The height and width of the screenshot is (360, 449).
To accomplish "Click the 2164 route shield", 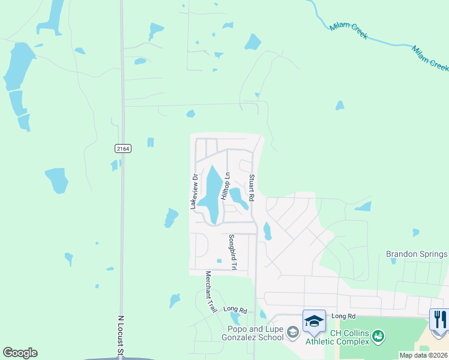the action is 122,148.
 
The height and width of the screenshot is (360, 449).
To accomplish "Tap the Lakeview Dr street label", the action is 194,191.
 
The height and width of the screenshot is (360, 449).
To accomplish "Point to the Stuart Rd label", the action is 252,188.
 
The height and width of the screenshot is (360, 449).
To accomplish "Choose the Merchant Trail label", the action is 211,292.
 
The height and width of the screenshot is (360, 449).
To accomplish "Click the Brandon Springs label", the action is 417,254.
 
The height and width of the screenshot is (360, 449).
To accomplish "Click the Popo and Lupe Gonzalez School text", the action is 255,333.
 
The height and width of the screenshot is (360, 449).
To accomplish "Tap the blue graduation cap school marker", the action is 314,322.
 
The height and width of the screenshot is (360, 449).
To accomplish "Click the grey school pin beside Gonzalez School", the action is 292,332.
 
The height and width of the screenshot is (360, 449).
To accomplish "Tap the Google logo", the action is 20,353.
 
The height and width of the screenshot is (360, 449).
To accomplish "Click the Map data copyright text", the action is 423,355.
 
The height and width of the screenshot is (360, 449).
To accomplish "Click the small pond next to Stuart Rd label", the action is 239,197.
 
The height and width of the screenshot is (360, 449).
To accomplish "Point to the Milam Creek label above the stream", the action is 348,31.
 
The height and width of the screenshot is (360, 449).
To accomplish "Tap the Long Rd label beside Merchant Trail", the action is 235,310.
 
